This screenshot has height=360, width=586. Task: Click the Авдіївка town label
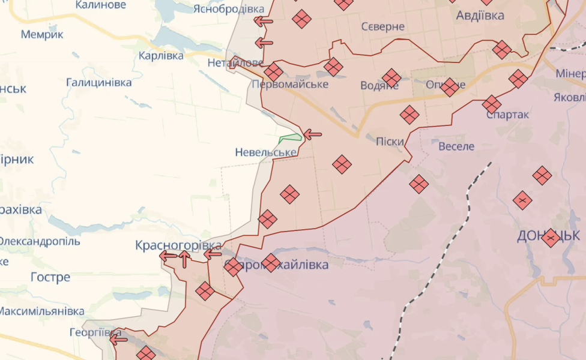(x=480, y=16)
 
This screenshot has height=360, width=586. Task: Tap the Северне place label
(x=383, y=27)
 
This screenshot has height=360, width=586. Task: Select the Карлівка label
(x=161, y=55)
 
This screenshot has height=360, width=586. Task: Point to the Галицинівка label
(x=99, y=83)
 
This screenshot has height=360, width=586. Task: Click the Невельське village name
(x=266, y=152)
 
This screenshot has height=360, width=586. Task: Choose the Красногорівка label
(x=178, y=245)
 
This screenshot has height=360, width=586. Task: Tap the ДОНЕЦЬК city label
(x=548, y=236)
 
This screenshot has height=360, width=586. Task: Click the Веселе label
(x=456, y=146)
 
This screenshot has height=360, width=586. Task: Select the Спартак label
(x=508, y=115)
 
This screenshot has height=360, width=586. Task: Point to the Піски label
(x=390, y=142)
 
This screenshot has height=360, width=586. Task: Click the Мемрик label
(x=42, y=34)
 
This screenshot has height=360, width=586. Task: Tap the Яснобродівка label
(x=229, y=9)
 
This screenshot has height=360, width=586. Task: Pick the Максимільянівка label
(x=41, y=311)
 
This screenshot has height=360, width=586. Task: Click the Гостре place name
(x=50, y=277)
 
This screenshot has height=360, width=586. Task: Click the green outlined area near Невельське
(x=290, y=138)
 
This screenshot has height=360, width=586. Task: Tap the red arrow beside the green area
(x=312, y=134)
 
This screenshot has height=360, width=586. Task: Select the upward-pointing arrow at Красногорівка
(x=185, y=259)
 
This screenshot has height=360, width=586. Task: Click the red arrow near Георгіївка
(x=118, y=340)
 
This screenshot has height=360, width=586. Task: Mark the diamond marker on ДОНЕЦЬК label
(x=551, y=238)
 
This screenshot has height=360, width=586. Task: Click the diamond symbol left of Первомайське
(x=273, y=72)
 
